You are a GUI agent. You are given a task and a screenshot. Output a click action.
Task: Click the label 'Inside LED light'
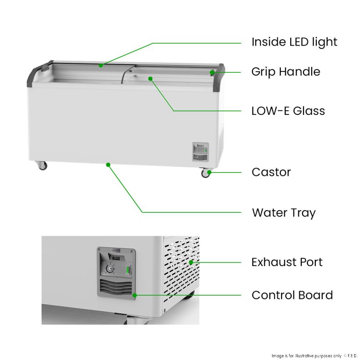(294, 42)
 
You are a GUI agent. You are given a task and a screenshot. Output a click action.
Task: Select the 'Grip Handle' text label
(286, 72)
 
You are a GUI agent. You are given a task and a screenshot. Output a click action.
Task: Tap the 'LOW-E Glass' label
(288, 111)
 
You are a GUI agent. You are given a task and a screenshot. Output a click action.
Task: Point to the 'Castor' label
(271, 172)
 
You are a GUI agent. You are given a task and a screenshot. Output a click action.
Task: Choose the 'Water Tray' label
(284, 213)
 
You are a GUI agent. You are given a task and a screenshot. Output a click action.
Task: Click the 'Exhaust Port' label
(287, 262)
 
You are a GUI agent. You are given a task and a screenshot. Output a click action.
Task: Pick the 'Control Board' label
(292, 295)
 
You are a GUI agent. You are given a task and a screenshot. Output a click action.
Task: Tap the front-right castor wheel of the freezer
(206, 173)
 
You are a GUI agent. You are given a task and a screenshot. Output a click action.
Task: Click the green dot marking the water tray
(108, 165)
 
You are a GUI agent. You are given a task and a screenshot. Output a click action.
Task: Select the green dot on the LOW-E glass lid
(150, 79)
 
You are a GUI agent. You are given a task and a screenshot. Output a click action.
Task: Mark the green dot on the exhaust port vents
(191, 262)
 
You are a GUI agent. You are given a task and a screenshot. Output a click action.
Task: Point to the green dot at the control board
(135, 295)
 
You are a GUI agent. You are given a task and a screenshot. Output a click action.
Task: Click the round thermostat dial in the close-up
(110, 268)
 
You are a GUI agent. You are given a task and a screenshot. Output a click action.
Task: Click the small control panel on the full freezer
(201, 152)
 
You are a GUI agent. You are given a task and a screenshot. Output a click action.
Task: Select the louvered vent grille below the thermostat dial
(116, 288)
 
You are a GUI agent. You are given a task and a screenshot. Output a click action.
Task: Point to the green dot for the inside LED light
(101, 66)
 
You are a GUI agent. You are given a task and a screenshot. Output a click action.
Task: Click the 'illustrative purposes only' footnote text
(318, 356)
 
